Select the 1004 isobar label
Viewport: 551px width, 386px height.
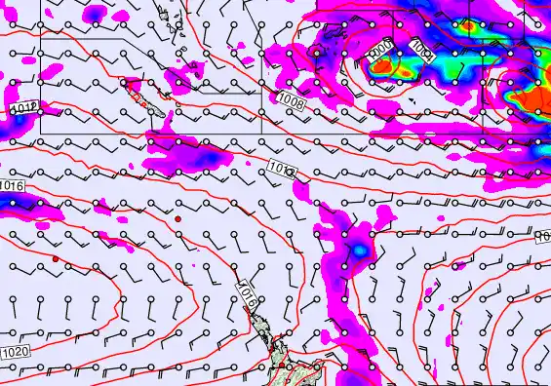click(x=422, y=46)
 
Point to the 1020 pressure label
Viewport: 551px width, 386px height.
click(x=14, y=352)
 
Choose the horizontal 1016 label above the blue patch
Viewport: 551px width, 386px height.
click(x=12, y=185)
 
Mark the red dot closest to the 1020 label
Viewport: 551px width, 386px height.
click(x=57, y=258)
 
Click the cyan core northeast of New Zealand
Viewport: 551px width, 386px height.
click(x=361, y=251)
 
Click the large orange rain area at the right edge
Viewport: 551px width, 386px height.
click(x=533, y=97)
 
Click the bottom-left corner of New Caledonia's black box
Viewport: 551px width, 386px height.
click(x=40, y=132)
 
